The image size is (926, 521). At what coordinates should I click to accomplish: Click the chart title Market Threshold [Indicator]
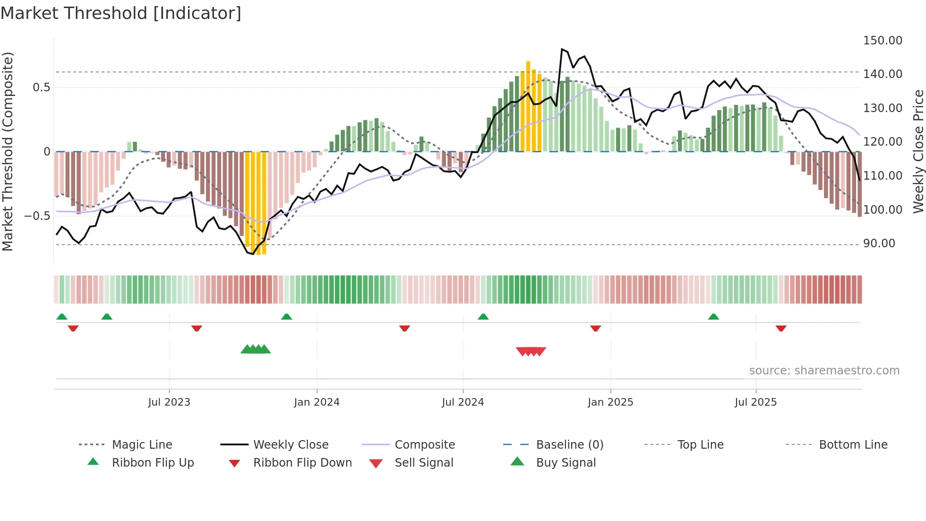[x=121, y=13]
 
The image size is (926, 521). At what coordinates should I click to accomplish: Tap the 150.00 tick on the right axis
[x=882, y=41]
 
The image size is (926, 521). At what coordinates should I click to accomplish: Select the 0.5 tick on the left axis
[x=41, y=87]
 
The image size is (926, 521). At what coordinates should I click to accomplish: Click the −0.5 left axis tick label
[x=37, y=216]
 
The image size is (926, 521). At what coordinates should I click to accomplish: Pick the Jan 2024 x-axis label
[x=317, y=402]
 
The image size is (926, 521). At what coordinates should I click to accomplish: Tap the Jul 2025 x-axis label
[x=755, y=402]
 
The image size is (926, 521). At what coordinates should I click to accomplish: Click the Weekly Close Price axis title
[x=917, y=151]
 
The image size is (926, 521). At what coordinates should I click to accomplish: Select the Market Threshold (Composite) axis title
[x=8, y=151]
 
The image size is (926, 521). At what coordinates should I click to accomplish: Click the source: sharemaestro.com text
[x=824, y=371]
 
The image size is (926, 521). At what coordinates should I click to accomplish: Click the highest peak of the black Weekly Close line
[x=562, y=49]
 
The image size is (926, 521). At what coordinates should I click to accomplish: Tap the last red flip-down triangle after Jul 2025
[x=780, y=328]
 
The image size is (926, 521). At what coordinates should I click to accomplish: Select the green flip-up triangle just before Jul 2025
[x=713, y=317]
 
